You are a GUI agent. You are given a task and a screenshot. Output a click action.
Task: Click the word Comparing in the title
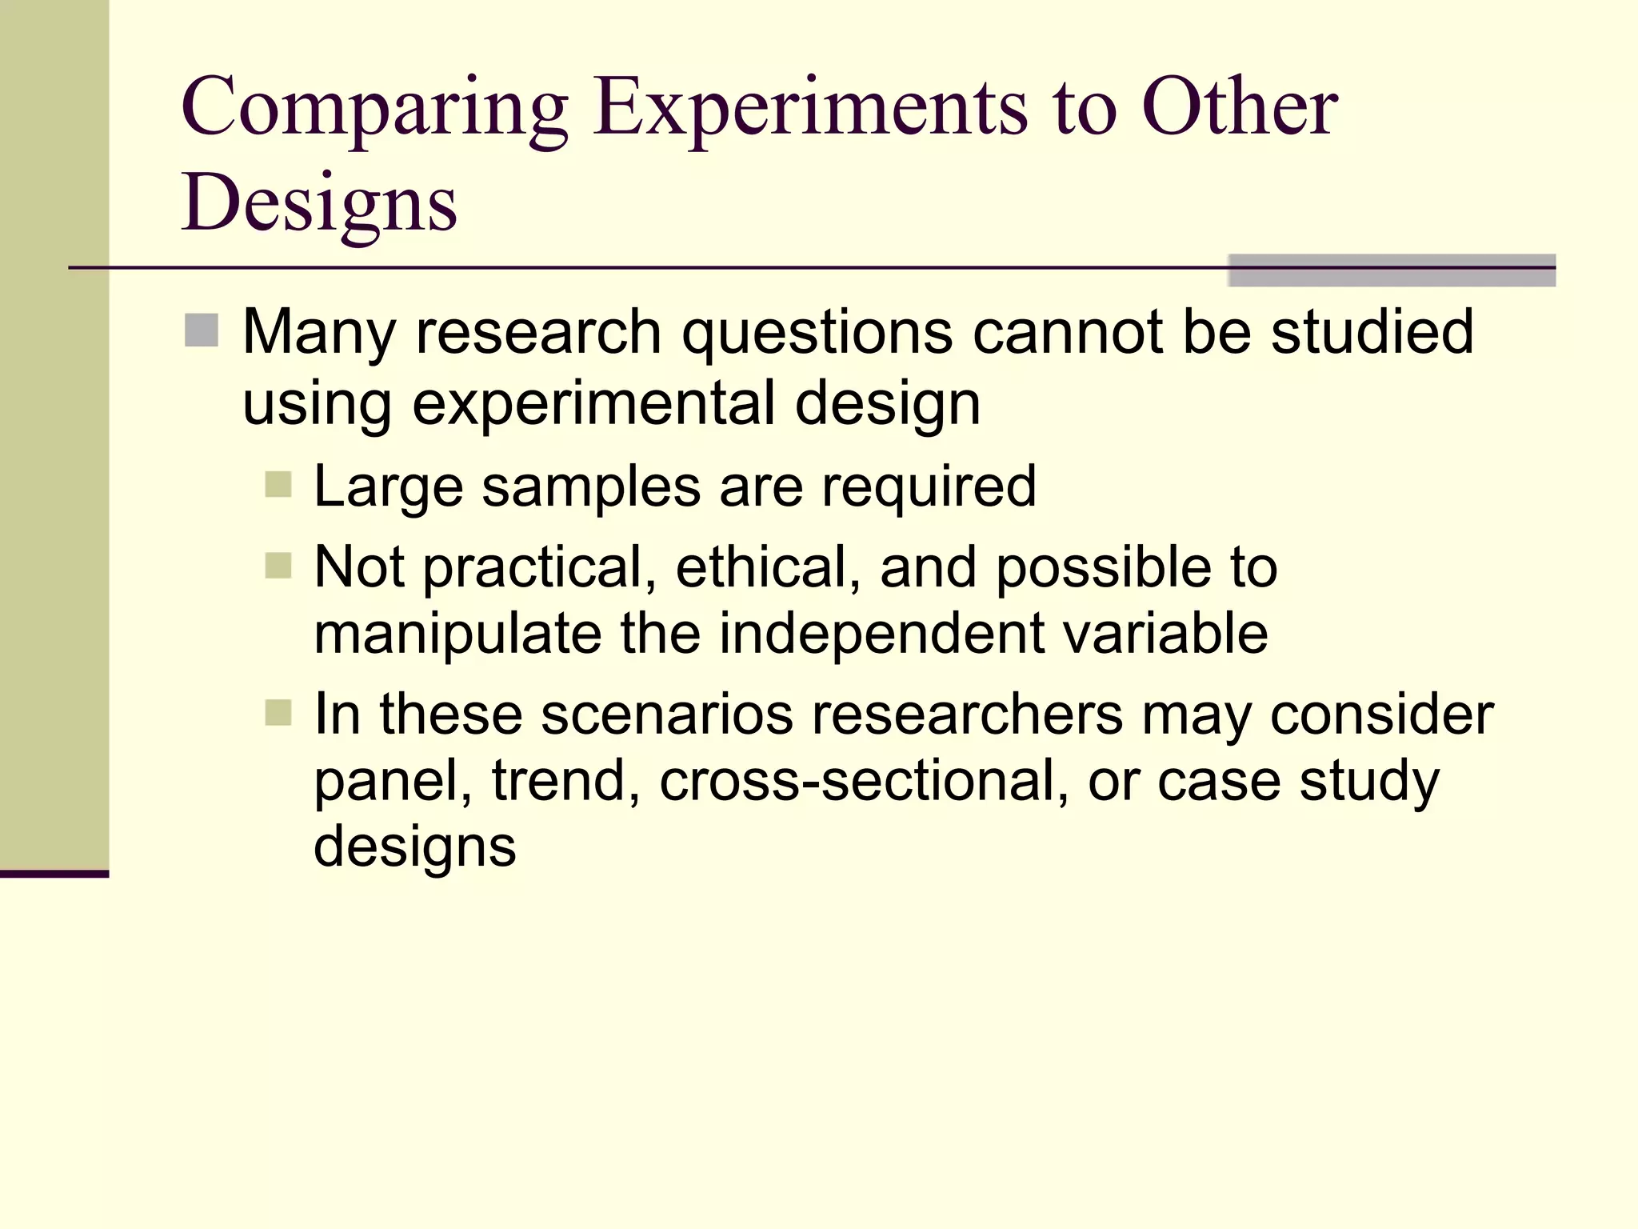coord(374,110)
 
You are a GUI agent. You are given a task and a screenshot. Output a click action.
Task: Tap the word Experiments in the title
coord(810,110)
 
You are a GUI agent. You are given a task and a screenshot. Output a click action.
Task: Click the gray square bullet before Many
coord(202,330)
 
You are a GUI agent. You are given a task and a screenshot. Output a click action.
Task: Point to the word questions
coord(816,333)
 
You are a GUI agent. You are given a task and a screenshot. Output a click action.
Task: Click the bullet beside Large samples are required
coord(278,485)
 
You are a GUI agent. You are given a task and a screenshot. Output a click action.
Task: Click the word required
coord(929,487)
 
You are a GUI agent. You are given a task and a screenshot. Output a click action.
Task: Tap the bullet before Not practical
coord(278,566)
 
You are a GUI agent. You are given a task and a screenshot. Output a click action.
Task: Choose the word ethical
coord(767,567)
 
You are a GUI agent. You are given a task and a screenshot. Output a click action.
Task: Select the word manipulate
coord(457,635)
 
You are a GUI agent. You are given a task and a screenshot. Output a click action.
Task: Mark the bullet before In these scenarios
coord(278,712)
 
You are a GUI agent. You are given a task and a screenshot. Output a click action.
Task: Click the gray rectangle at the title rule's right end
coord(1391,270)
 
